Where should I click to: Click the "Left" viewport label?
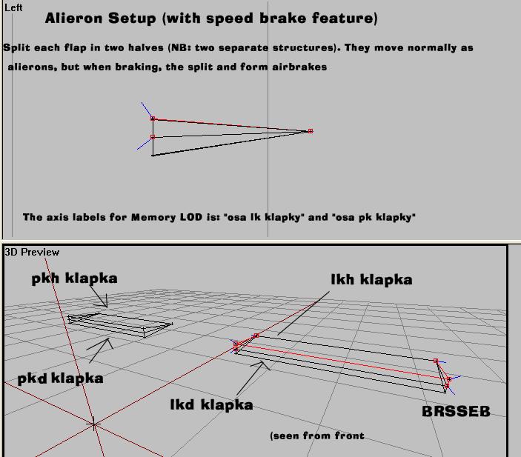[13, 7]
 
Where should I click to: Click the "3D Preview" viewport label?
[32, 252]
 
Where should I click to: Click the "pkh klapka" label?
[74, 278]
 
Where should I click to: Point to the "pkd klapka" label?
[60, 378]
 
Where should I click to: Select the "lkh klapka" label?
[371, 279]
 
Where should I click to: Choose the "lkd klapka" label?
[211, 404]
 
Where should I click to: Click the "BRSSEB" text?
[456, 411]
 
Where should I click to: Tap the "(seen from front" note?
[317, 436]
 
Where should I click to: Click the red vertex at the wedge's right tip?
[311, 131]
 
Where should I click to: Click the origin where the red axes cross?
[93, 424]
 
